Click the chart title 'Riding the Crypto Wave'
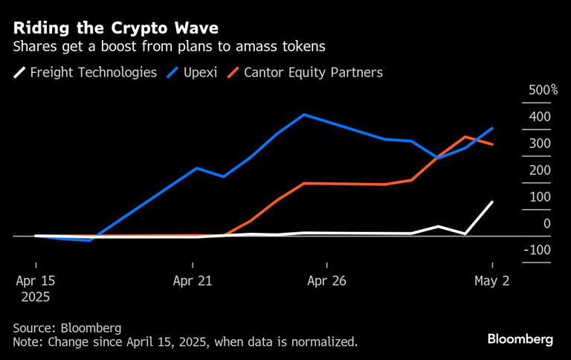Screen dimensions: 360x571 tap(115, 28)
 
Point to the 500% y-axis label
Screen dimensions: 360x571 tap(543, 90)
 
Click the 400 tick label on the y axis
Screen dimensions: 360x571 tap(540, 117)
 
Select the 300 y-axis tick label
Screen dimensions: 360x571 tap(540, 144)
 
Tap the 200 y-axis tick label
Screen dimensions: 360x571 tap(540, 170)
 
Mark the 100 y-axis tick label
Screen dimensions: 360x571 tap(540, 197)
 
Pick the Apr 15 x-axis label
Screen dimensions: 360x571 tap(36, 281)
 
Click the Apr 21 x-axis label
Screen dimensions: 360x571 tap(193, 281)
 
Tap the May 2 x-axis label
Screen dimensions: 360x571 tap(491, 281)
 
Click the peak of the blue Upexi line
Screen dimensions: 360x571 tap(304, 115)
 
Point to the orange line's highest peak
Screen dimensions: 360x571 tap(465, 137)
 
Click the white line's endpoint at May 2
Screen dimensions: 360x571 tap(492, 202)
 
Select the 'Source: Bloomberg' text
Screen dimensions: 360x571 tap(67, 328)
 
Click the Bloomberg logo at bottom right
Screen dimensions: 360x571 tap(520, 339)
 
